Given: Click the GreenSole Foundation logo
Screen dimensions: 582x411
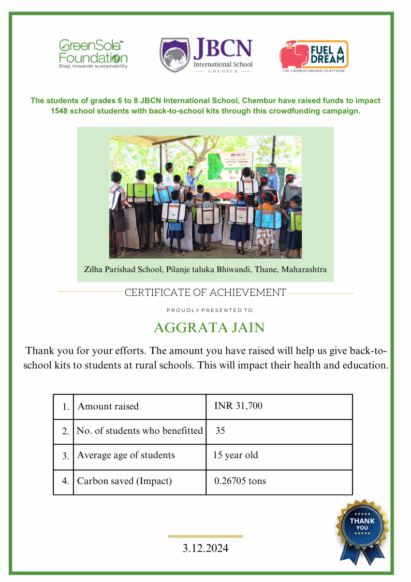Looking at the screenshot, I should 93,54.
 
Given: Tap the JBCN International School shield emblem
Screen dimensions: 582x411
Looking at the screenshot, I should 174,54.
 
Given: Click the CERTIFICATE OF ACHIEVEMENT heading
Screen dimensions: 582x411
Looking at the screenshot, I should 205,293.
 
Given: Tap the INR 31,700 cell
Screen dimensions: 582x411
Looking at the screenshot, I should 238,406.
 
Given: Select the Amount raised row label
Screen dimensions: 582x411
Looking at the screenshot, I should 108,406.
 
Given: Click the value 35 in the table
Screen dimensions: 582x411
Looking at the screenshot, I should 221,431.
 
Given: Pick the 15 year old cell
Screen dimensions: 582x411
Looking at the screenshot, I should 236,456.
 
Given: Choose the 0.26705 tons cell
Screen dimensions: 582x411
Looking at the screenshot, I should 240,481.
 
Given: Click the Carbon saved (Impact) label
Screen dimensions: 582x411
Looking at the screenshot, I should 124,481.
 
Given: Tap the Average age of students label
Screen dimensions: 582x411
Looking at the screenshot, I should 126,456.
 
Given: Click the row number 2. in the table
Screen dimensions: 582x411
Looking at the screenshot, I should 65,431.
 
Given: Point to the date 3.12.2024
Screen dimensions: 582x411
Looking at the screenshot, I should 205,548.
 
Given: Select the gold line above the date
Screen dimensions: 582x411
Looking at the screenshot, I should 205,536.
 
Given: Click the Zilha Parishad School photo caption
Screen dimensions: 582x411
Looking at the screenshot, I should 205,270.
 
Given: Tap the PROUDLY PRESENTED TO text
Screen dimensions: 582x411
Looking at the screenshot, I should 210,310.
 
